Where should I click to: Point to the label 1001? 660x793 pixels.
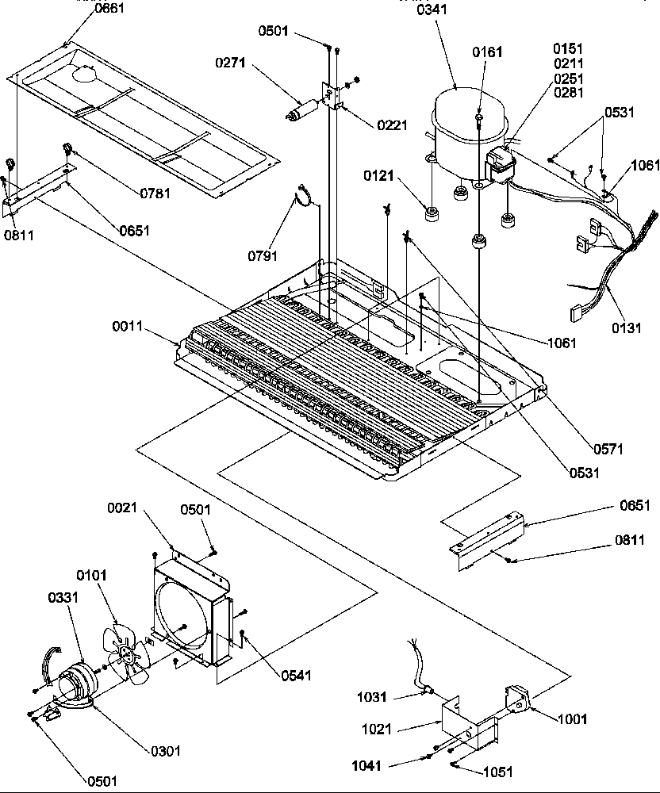tap(572, 719)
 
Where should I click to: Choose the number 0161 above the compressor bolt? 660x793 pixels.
tap(487, 52)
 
